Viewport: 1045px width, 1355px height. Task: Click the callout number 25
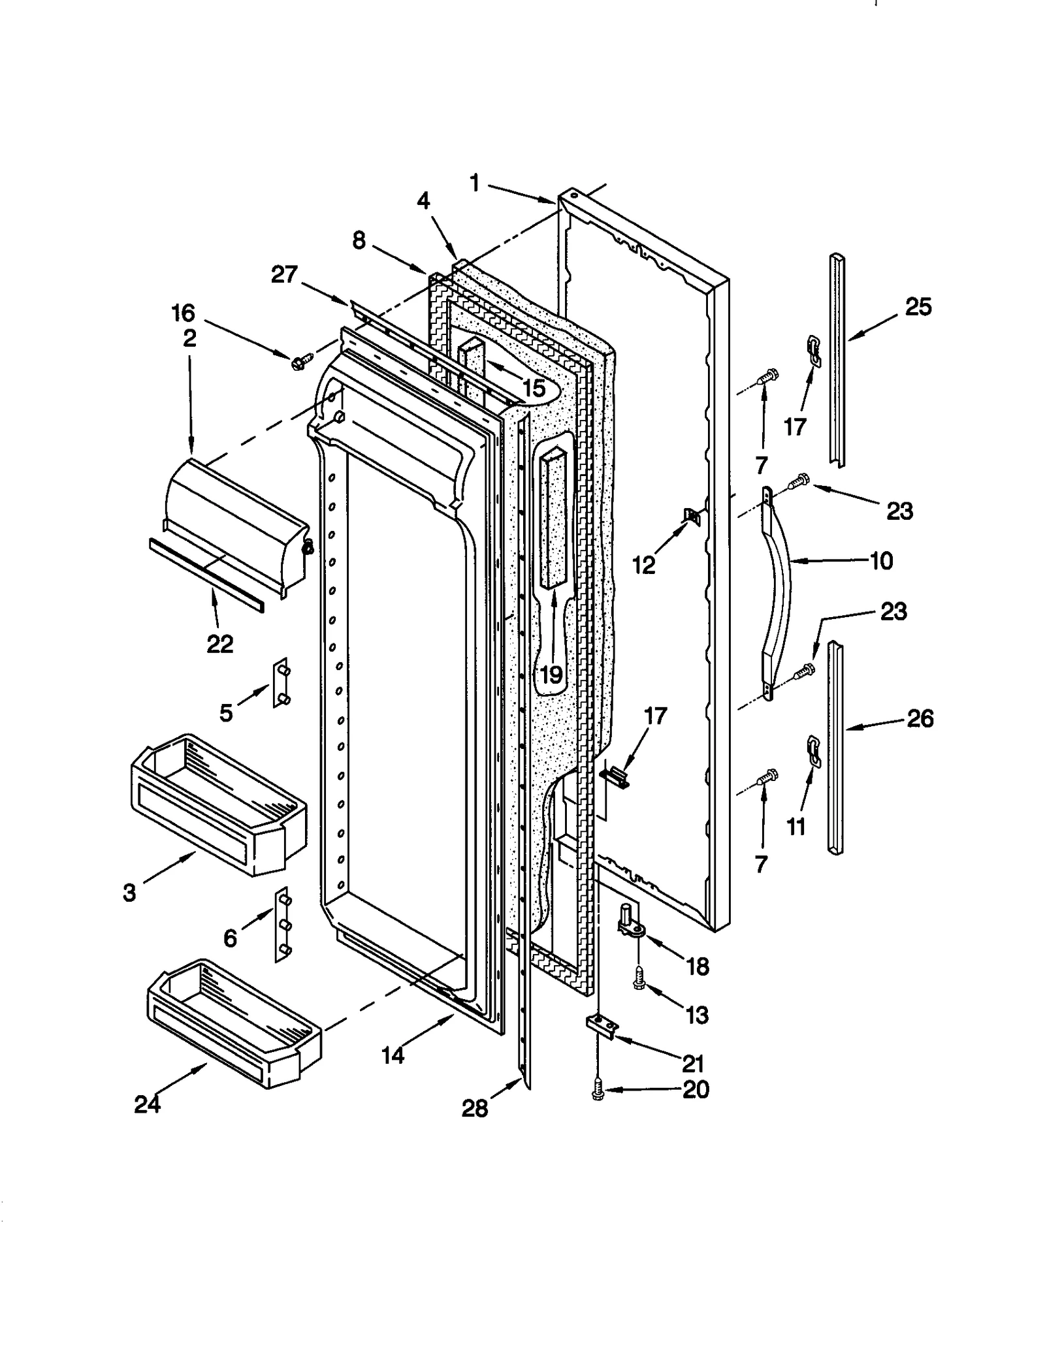(918, 307)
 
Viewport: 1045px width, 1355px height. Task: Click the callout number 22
(219, 645)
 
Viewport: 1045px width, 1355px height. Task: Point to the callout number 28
(474, 1108)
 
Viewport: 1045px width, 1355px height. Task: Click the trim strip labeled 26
(835, 748)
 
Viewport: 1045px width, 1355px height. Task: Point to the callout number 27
(284, 275)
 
